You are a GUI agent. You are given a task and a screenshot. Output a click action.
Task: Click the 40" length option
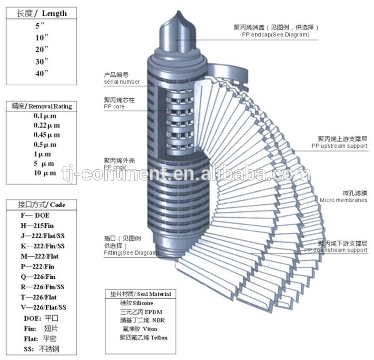(x=42, y=73)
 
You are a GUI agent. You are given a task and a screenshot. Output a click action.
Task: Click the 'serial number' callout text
(x=122, y=81)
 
